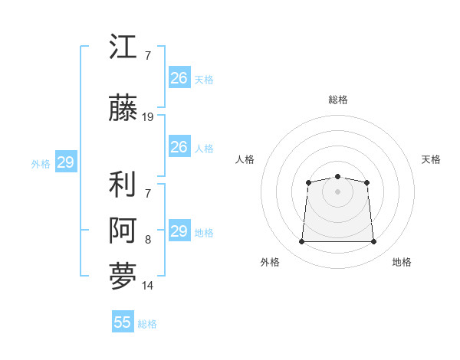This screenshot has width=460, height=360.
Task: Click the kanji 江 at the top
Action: coord(123,46)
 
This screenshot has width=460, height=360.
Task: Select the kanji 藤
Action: coord(123,107)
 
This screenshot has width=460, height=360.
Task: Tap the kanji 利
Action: coord(123,184)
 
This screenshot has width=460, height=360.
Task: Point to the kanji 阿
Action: coord(123,231)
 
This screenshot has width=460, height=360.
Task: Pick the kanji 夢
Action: coord(123,276)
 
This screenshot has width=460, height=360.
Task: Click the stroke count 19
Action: coord(147,117)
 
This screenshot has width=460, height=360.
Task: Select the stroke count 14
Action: coord(147,286)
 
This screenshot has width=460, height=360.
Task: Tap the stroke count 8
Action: coord(148,240)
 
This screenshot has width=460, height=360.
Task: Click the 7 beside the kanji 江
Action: coord(148,56)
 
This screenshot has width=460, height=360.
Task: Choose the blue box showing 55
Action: coord(123,321)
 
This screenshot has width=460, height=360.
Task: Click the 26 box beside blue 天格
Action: coord(179,77)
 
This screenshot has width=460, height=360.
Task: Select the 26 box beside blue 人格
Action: coord(179,146)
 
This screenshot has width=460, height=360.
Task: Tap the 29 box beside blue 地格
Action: coord(179,230)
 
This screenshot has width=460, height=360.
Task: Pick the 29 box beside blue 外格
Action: coord(66,162)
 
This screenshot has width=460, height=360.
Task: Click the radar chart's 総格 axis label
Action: coord(338,100)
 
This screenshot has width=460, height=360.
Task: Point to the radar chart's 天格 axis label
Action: coord(431,159)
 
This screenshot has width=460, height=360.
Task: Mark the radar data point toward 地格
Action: coord(373,241)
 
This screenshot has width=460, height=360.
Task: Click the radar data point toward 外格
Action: coord(301,241)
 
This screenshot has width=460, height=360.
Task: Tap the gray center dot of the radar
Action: coord(337,191)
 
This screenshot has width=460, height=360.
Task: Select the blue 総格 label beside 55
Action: coord(147,324)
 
